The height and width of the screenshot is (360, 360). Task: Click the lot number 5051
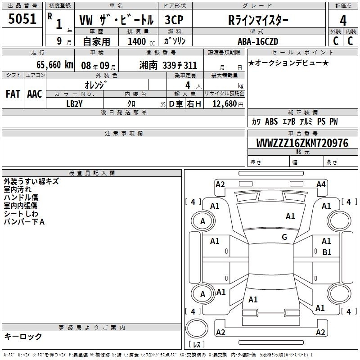pyautogui.click(x=22, y=19)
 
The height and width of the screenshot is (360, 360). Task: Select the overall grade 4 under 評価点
pyautogui.click(x=343, y=20)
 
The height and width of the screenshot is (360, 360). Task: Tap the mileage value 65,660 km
pyautogui.click(x=54, y=65)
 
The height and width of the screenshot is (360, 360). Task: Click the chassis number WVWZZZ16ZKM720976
pyautogui.click(x=302, y=143)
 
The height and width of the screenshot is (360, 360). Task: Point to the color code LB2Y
pyautogui.click(x=74, y=104)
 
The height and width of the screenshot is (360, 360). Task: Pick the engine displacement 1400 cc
pyautogui.click(x=141, y=41)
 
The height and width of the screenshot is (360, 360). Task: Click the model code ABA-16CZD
pyautogui.click(x=258, y=41)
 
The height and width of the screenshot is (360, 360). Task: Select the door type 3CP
pyautogui.click(x=174, y=20)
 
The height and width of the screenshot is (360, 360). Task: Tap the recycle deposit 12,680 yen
pyautogui.click(x=228, y=104)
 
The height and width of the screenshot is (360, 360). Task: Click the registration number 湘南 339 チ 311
pyautogui.click(x=168, y=65)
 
